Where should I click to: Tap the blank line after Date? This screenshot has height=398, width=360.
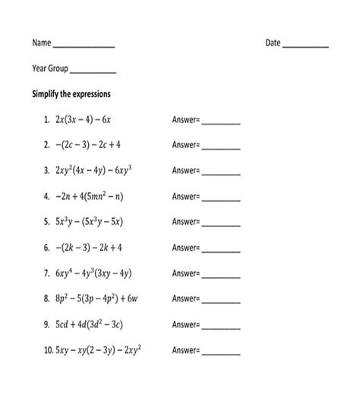pyautogui.click(x=305, y=46)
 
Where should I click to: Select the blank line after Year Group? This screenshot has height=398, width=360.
pyautogui.click(x=93, y=71)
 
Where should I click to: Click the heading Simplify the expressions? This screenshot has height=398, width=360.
pyautogui.click(x=71, y=94)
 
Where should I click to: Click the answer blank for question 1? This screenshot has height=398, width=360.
pyautogui.click(x=220, y=122)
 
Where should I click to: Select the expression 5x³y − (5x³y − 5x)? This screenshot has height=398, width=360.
pyautogui.click(x=88, y=222)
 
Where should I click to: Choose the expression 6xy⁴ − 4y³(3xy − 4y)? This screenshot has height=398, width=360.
pyautogui.click(x=93, y=273)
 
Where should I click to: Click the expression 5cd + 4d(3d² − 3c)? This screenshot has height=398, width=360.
pyautogui.click(x=88, y=324)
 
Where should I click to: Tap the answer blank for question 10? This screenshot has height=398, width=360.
pyautogui.click(x=220, y=354)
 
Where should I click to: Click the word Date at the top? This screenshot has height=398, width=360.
pyautogui.click(x=273, y=43)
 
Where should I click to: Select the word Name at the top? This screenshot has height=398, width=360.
pyautogui.click(x=41, y=43)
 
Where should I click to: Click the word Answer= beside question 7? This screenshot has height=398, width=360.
pyautogui.click(x=186, y=273)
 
